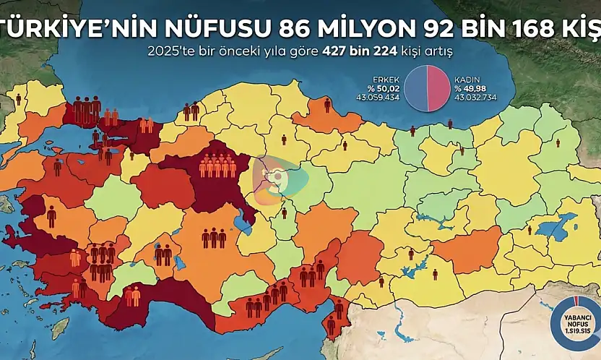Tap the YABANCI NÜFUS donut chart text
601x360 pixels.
tap(576, 322)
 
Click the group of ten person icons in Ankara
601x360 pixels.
tap(217, 166)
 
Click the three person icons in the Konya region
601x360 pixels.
tap(214, 237)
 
